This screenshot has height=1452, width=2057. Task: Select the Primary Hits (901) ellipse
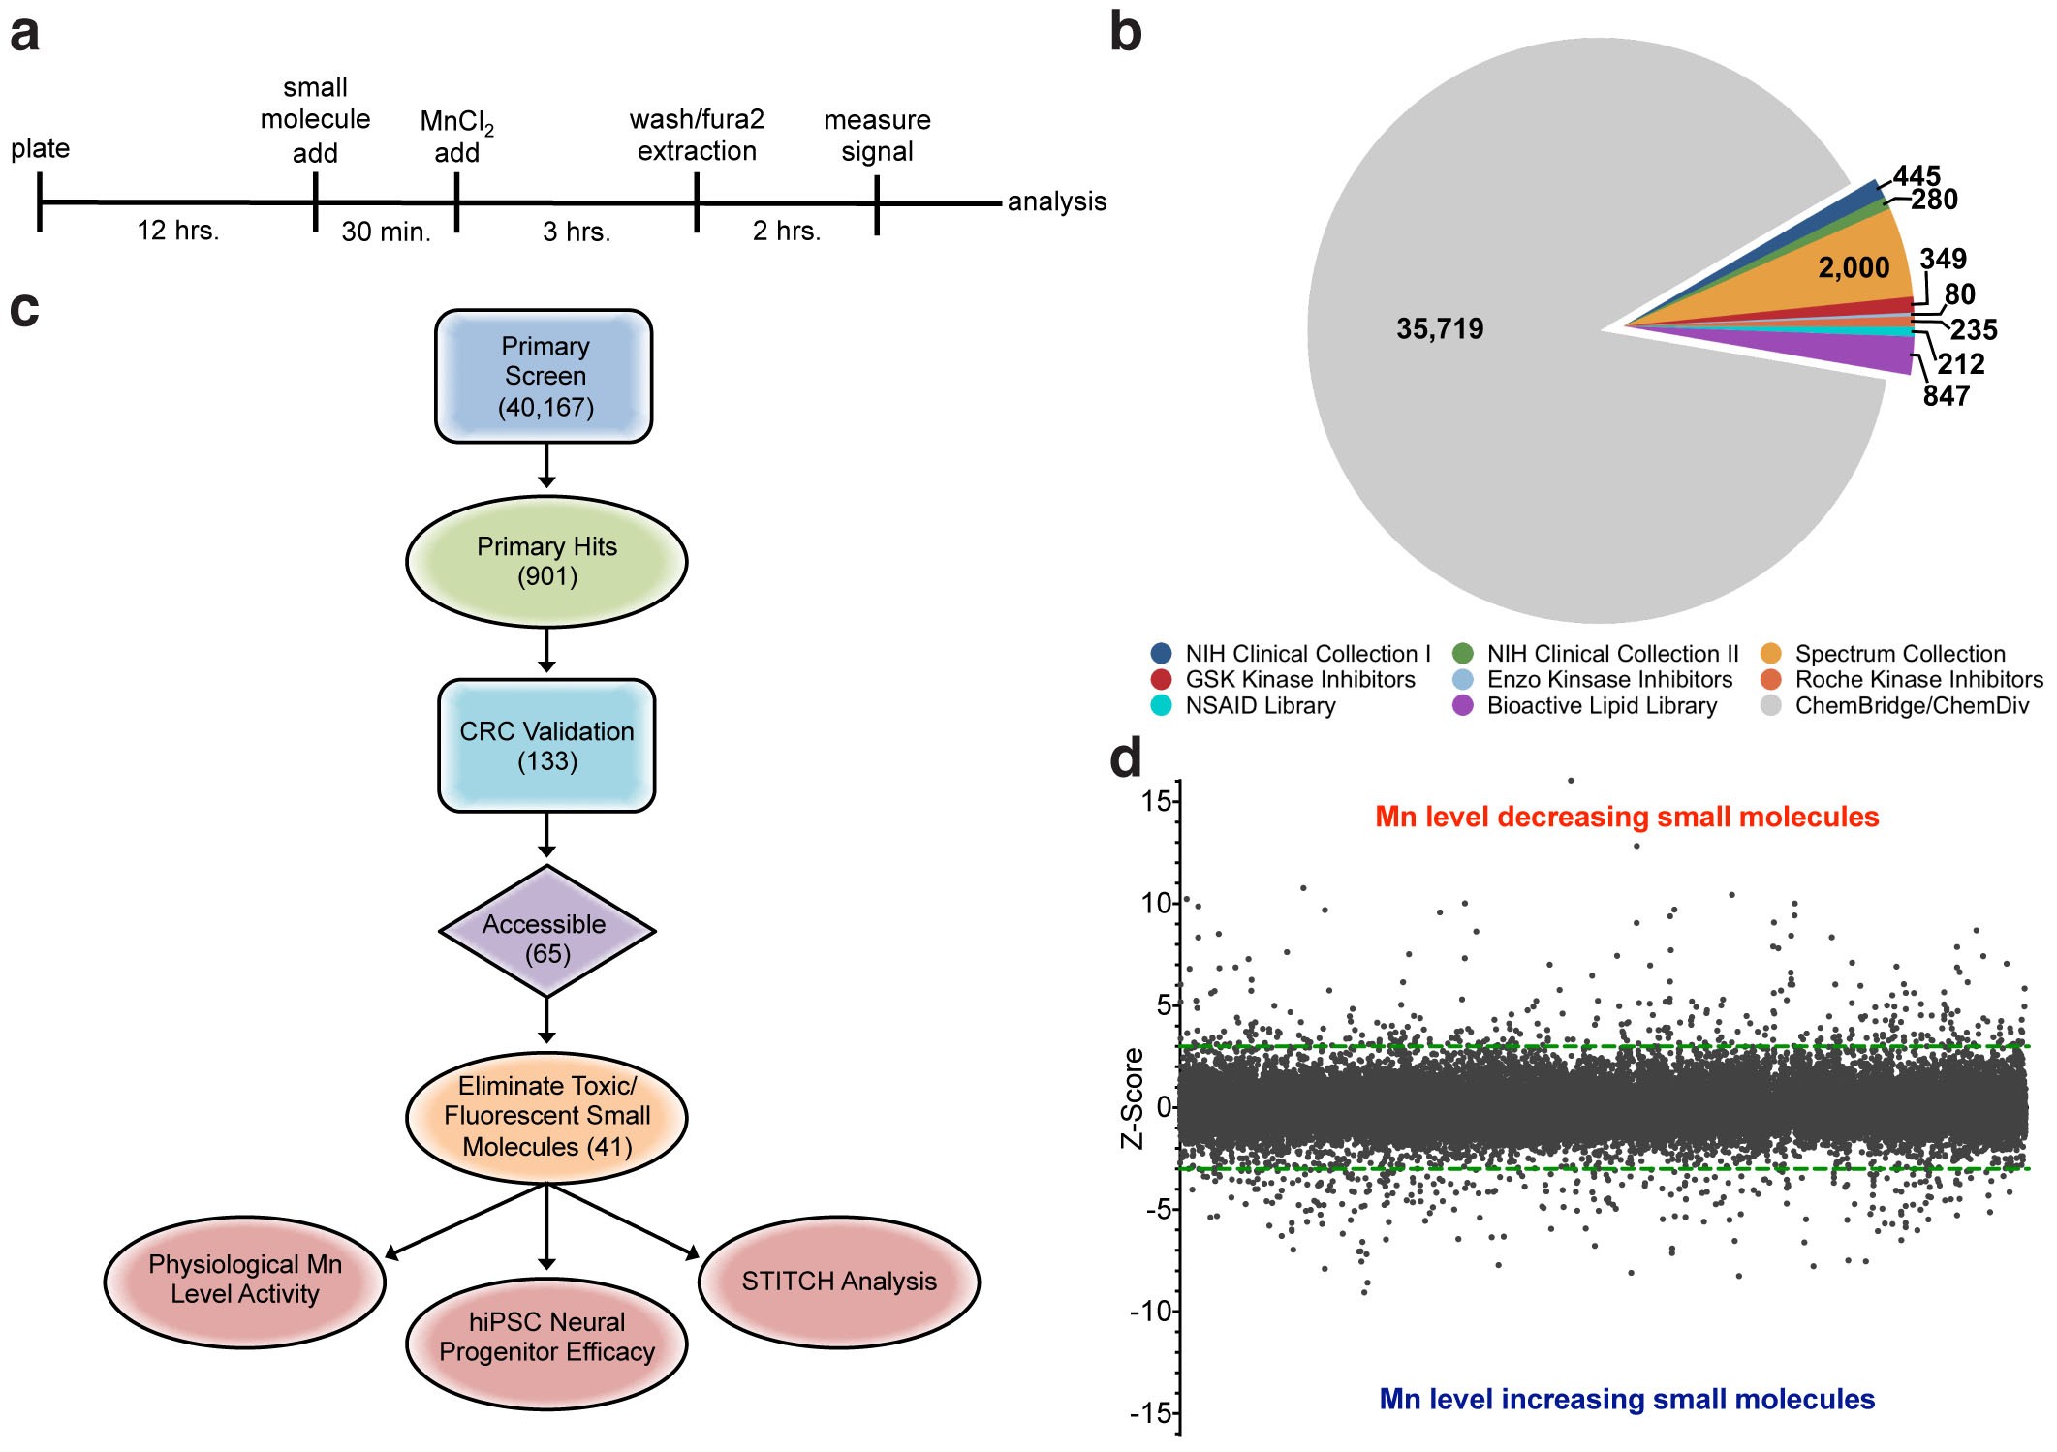(546, 562)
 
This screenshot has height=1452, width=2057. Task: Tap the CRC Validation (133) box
(546, 746)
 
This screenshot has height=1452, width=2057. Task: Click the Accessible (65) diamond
(546, 932)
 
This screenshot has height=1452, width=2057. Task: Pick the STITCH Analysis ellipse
(839, 1282)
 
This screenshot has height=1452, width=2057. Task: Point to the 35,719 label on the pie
(1440, 329)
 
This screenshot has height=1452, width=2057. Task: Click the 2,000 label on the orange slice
(1853, 268)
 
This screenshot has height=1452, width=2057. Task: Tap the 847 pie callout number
(1946, 396)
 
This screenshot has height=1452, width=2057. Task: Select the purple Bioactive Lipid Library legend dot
(1463, 705)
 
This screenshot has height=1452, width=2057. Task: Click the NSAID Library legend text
(1260, 706)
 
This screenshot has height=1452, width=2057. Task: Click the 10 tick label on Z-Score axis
(1156, 903)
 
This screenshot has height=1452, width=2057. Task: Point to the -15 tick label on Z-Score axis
(1150, 1413)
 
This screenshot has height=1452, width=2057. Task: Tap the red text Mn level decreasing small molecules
(1627, 817)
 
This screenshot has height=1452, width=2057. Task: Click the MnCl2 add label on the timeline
(456, 137)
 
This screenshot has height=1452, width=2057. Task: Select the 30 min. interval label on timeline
(386, 232)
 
